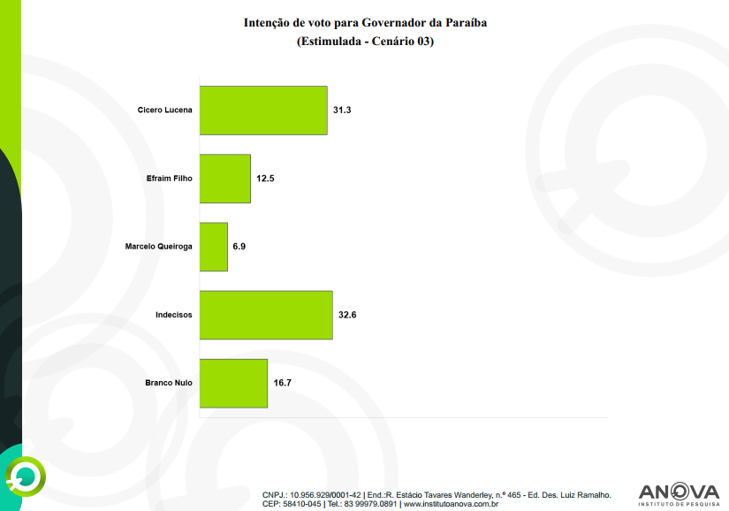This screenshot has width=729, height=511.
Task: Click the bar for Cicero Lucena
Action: click(263, 111)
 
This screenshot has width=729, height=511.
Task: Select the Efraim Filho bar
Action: click(225, 179)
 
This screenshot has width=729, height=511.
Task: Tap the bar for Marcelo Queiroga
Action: click(213, 247)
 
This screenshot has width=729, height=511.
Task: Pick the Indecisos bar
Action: click(266, 315)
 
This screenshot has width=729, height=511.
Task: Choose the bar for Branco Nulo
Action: click(233, 383)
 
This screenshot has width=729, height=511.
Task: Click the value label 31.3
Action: click(343, 111)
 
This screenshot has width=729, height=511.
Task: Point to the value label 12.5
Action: click(266, 179)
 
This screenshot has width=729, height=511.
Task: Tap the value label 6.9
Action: click(239, 247)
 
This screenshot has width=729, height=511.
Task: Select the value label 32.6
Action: click(347, 315)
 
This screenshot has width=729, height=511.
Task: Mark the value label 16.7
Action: click(283, 383)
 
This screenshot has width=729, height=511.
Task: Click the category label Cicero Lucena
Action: click(165, 111)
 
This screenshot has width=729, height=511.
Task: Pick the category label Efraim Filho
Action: click(169, 179)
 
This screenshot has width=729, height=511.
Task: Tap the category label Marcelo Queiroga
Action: click(159, 247)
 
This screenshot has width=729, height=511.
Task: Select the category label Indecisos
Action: click(174, 315)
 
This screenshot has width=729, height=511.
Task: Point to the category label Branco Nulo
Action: click(168, 383)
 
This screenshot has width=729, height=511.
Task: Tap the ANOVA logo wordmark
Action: click(679, 491)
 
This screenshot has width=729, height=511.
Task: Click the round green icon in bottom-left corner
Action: click(24, 478)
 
